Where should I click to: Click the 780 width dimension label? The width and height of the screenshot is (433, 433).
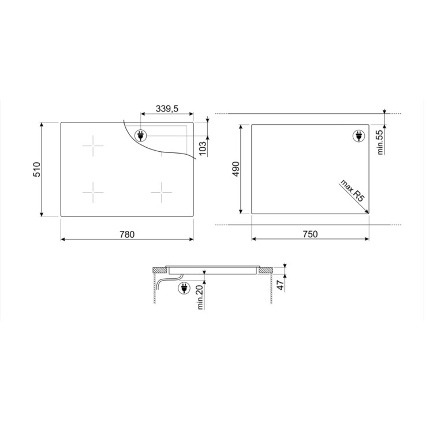tap(127, 234)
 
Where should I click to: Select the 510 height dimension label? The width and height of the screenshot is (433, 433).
tap(37, 170)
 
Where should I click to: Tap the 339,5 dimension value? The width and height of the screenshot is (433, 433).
tap(167, 109)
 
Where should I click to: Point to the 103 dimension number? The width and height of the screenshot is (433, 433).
tap(203, 148)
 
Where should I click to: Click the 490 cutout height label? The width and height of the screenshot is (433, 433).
tap(236, 169)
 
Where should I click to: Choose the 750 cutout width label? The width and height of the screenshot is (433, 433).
tap(311, 234)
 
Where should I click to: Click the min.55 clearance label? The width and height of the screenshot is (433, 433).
tap(380, 142)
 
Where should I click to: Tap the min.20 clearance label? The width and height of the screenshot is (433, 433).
tap(200, 297)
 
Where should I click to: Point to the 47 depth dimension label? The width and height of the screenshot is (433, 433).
tap(281, 285)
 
